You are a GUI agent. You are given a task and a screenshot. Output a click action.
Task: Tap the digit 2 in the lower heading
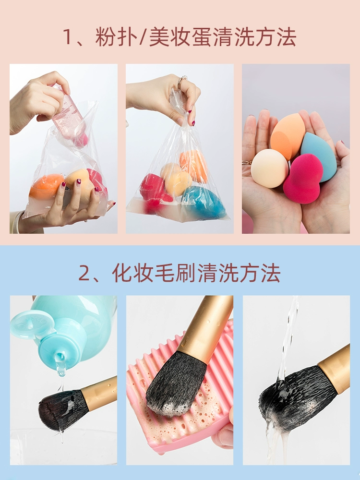pyautogui.click(x=84, y=273)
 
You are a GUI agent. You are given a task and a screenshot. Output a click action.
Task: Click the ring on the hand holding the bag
pyautogui.click(x=182, y=79)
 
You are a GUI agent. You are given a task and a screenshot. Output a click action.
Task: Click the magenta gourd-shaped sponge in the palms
pyautogui.click(x=302, y=179)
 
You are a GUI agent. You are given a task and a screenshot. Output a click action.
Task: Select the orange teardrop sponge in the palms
pyautogui.click(x=287, y=136)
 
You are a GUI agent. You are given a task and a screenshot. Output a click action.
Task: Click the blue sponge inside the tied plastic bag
pyautogui.click(x=204, y=202)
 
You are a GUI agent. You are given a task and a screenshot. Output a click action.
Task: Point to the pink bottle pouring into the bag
pyautogui.click(x=69, y=116)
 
